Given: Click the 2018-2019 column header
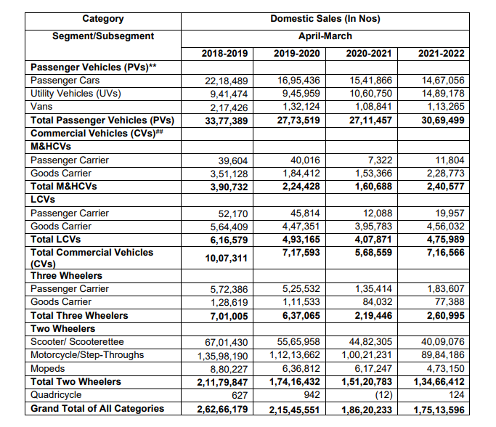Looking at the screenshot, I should tap(224, 54).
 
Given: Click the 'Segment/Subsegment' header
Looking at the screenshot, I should tap(102, 36).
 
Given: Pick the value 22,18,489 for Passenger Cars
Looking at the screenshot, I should tap(227, 81).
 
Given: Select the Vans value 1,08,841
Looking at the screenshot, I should tap(371, 107).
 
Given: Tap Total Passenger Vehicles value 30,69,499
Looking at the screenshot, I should tap(442, 120).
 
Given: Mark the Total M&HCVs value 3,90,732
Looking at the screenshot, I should tap(227, 187).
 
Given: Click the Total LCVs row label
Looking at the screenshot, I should tap(56, 239).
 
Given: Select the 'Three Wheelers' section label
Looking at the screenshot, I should tap(66, 276).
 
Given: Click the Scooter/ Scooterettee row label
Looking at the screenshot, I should tap(77, 342).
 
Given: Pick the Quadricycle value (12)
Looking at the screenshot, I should tap(381, 395).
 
